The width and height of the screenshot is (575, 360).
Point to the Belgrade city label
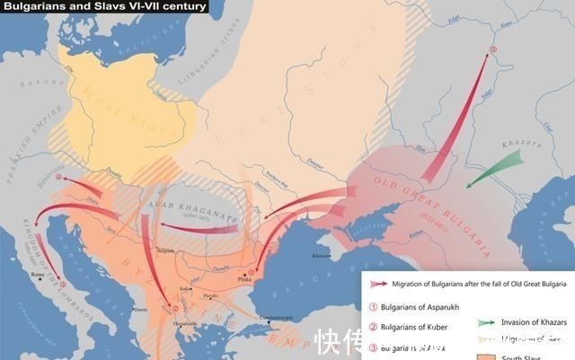tap(164, 250)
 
